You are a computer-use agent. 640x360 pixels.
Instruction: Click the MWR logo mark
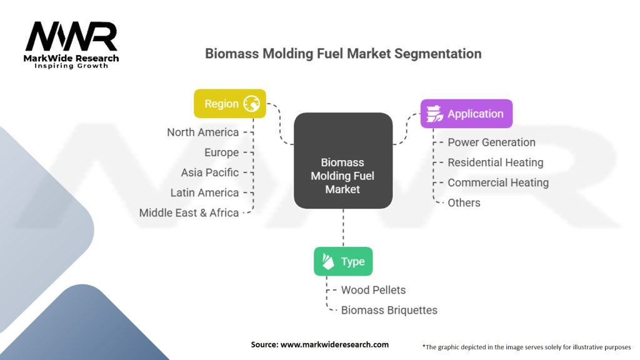(x=71, y=36)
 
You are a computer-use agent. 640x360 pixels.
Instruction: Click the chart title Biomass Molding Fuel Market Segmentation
(x=343, y=54)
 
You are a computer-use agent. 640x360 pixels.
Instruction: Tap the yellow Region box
(x=230, y=104)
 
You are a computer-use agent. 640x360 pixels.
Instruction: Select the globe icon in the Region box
(x=252, y=104)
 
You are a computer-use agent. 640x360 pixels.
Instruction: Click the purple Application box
(x=466, y=114)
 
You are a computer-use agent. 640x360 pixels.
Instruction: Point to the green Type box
(x=343, y=261)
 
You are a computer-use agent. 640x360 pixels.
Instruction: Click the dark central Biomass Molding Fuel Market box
(x=343, y=161)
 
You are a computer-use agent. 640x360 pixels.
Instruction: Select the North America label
(x=203, y=132)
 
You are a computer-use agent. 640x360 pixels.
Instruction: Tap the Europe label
(x=222, y=152)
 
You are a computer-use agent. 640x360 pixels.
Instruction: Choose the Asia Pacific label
(x=210, y=172)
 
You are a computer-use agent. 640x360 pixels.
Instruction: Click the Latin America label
(x=204, y=192)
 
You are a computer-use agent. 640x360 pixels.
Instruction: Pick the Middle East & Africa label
(x=189, y=212)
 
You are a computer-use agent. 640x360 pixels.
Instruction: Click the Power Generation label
(x=491, y=142)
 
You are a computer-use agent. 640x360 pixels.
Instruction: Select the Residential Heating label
(x=496, y=162)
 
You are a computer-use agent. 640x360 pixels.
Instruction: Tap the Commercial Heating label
(x=498, y=182)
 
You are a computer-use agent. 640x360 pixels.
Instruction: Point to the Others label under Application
(x=464, y=203)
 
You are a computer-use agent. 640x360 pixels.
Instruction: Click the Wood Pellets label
(x=374, y=290)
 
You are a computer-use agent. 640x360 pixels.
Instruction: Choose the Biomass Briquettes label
(x=389, y=310)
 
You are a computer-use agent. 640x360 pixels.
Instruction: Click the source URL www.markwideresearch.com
(x=334, y=344)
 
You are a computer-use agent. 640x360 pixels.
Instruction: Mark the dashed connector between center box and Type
(x=343, y=227)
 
